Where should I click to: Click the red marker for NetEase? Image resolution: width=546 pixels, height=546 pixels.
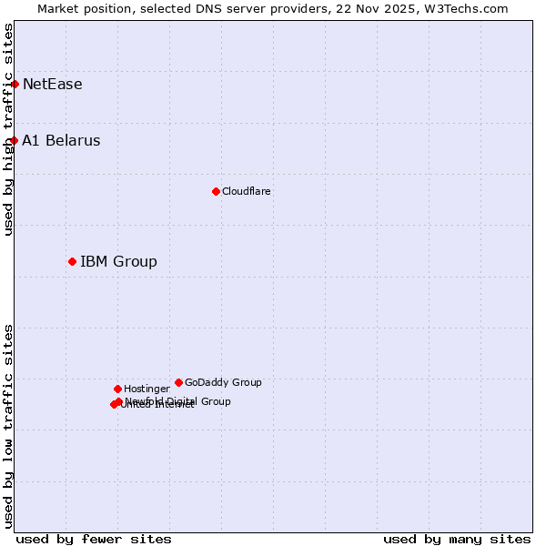coord(15,85)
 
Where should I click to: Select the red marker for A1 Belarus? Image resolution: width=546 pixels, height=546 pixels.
coord(15,141)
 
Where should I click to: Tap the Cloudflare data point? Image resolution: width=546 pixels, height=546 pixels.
coord(216,191)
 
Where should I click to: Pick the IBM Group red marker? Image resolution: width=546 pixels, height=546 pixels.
coord(72,262)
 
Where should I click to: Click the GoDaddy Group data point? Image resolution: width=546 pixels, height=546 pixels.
coord(178,382)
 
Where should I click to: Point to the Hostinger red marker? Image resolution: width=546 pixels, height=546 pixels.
coord(117,389)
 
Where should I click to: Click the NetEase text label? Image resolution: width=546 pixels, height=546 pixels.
coord(53,85)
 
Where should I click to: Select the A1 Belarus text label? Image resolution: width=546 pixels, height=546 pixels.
coord(62,141)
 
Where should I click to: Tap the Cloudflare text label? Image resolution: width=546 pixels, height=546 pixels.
coord(247,191)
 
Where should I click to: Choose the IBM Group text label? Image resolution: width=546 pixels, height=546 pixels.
coord(119,262)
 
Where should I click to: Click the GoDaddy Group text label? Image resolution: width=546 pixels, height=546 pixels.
coord(223,382)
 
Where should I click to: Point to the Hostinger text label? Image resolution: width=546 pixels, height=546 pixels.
coord(147,389)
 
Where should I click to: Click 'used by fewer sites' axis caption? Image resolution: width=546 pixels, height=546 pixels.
coord(94,539)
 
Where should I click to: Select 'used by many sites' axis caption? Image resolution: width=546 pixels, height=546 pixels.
coord(457,539)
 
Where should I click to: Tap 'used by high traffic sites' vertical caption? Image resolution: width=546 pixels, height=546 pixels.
coord(8,129)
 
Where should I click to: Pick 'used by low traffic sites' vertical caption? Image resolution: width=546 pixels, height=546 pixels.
coord(8,426)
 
